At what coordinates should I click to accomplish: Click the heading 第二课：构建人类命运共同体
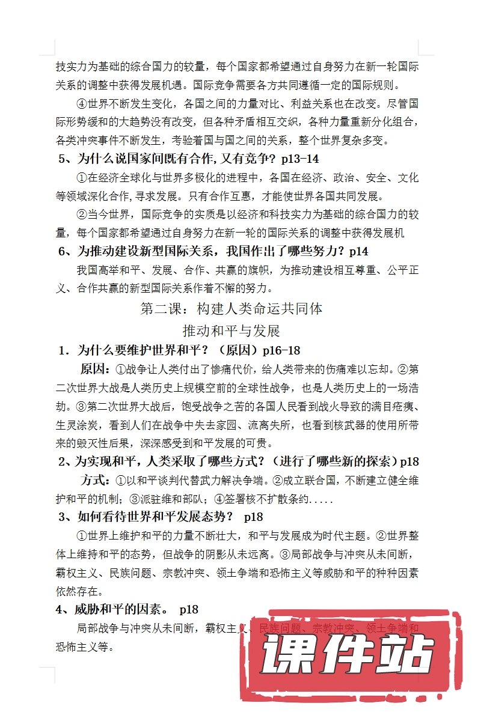coord(231,309)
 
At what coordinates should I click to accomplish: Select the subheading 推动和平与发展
coord(231,331)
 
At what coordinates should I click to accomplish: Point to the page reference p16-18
coord(281,350)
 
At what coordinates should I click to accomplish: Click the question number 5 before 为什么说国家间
coord(62,159)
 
